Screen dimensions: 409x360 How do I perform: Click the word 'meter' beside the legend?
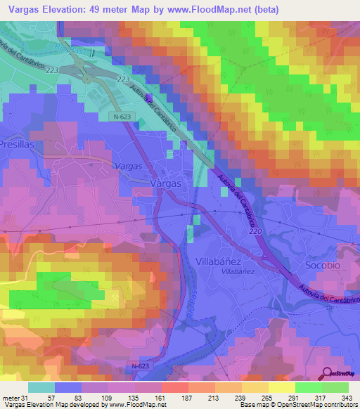click(10, 397)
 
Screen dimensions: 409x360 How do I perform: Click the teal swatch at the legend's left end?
click(41, 387)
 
